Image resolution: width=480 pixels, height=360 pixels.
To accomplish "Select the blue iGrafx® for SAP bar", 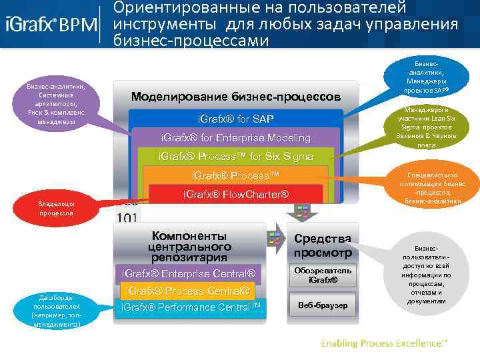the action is (x=235, y=119).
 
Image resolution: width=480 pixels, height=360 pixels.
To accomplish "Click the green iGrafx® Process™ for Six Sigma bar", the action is (x=235, y=157).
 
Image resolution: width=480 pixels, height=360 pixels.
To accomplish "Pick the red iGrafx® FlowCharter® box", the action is (x=235, y=195).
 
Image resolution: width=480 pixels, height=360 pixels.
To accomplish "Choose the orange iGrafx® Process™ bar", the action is (x=235, y=175).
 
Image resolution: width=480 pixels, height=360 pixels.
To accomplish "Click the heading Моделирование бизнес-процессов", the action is (x=235, y=96).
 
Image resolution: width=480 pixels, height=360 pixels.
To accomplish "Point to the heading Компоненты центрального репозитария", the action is (x=189, y=246).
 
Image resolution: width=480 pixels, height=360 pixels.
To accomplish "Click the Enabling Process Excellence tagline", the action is (x=385, y=343).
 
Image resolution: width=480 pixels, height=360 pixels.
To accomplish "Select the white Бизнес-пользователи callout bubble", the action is (x=427, y=273).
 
